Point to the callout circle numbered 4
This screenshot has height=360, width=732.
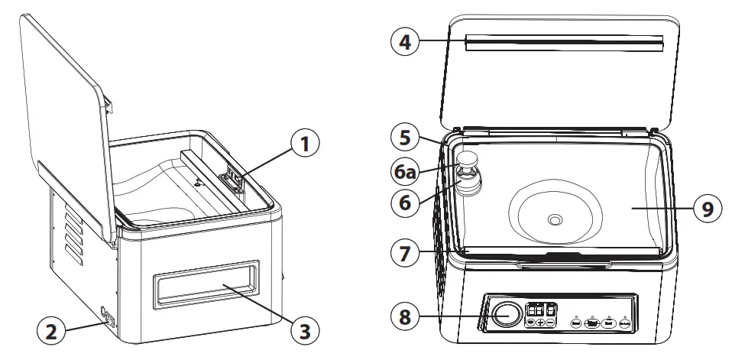click(406, 42)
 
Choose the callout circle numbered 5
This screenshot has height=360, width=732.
click(406, 138)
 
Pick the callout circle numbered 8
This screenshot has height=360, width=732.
click(406, 314)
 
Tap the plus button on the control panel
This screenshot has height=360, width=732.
click(541, 323)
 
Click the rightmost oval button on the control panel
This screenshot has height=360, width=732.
click(624, 323)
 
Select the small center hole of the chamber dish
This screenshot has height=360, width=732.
click(554, 220)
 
